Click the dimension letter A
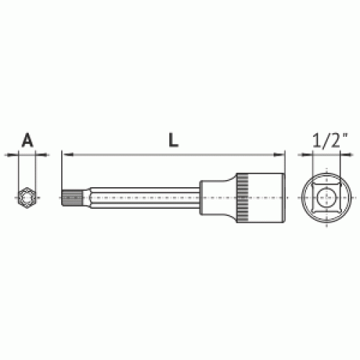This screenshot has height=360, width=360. tap(27, 140)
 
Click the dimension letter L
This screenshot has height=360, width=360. tap(174, 140)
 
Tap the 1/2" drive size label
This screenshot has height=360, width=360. tap(330, 140)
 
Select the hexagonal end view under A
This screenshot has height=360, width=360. tap(27, 198)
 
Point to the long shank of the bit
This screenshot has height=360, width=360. tap(145, 198)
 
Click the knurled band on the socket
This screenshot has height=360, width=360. tap(243, 198)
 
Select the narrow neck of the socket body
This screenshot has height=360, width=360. tap(212, 197)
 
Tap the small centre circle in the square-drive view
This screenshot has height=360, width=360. tap(326, 197)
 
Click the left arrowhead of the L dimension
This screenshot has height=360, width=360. tap(68, 155)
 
